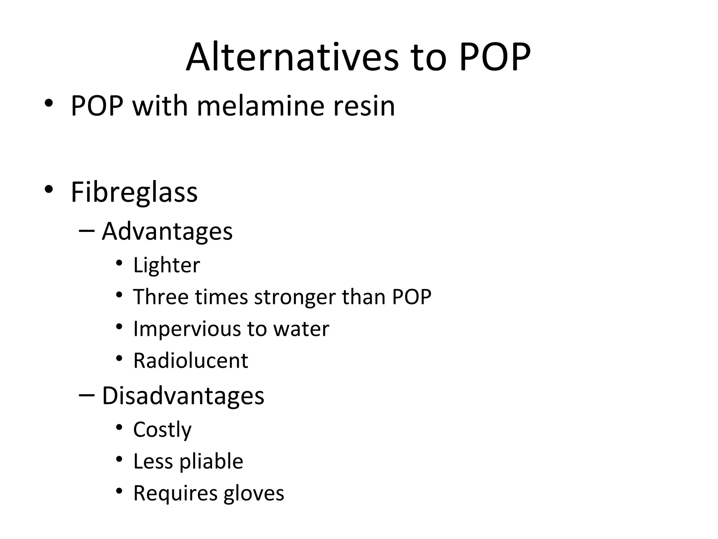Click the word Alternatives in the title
[x=292, y=57]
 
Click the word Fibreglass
[x=134, y=192]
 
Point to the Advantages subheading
[x=167, y=232]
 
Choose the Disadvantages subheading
[x=183, y=396]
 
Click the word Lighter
[x=167, y=265]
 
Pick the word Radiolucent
[x=191, y=360]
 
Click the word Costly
[x=162, y=430]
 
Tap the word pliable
[x=211, y=461]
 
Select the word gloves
[x=254, y=493]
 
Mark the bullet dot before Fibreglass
[x=49, y=189]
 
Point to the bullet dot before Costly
[x=119, y=427]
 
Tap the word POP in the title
[x=495, y=57]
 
